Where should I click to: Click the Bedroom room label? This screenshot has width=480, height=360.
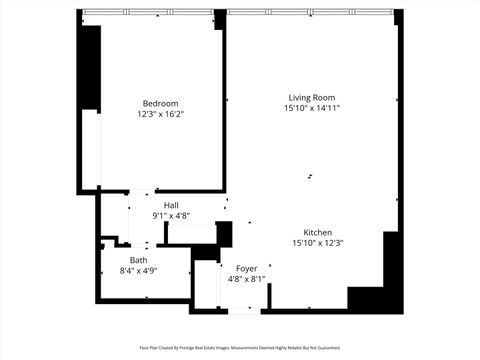(x=160, y=103)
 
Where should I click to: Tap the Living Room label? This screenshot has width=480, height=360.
(x=311, y=97)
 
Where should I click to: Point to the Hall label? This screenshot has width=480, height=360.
(x=171, y=205)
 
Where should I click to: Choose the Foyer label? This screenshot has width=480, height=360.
(x=246, y=269)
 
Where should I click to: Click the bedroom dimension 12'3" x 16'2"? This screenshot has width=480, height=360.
(x=160, y=114)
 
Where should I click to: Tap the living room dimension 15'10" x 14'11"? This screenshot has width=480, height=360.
(x=311, y=108)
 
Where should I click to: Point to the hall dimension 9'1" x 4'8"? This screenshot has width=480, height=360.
(x=171, y=216)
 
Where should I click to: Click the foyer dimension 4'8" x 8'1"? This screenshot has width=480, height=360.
(x=246, y=280)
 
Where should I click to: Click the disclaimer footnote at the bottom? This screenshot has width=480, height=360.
(x=240, y=349)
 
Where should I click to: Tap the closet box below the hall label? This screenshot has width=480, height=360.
(x=190, y=233)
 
